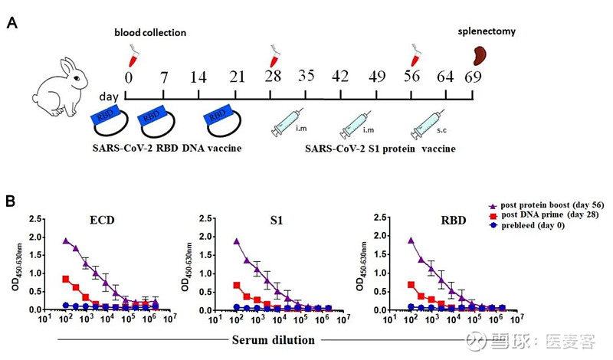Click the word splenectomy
(487, 32)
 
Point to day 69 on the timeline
(473, 77)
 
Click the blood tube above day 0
(132, 54)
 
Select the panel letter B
(11, 201)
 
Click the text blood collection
(150, 33)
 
